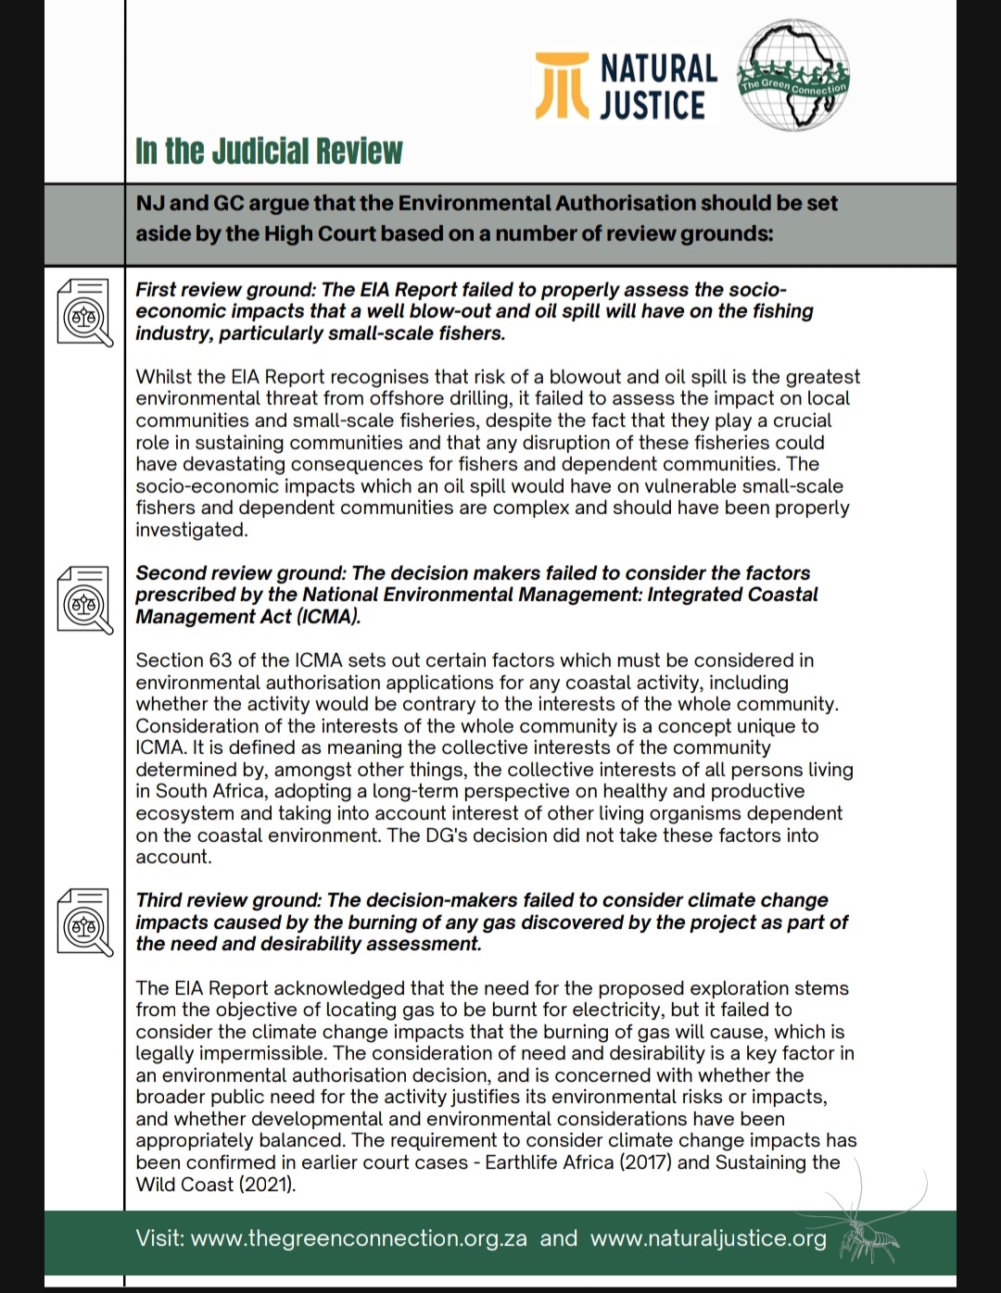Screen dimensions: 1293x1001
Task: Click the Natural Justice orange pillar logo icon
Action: (x=562, y=87)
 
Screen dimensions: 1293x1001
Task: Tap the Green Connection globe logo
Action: (x=794, y=76)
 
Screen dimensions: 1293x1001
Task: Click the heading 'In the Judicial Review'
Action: (x=269, y=151)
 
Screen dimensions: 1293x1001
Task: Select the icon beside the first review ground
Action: (x=84, y=312)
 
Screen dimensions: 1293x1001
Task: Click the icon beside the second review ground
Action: (x=84, y=598)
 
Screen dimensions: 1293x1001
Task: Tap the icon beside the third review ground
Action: (x=84, y=923)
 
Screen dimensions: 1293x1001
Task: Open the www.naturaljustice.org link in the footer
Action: (x=708, y=1238)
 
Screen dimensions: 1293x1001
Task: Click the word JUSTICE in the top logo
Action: (x=653, y=106)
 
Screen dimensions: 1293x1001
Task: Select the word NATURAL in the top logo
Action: (x=659, y=69)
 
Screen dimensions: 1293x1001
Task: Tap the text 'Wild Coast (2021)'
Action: (x=215, y=1185)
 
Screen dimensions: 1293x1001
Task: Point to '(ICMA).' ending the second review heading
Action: (x=328, y=617)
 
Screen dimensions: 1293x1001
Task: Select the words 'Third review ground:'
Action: (x=229, y=900)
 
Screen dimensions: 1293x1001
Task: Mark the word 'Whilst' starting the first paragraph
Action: (x=162, y=377)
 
